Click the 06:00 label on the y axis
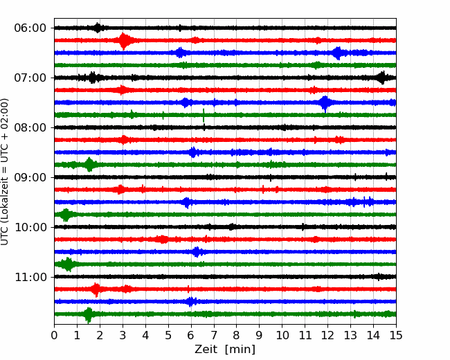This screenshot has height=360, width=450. point(30,28)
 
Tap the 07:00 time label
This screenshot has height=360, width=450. point(30,78)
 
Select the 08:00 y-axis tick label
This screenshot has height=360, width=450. point(30,127)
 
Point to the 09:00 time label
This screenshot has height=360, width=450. point(30,177)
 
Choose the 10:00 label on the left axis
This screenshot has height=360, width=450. point(30,227)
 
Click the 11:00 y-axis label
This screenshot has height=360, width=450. point(30,277)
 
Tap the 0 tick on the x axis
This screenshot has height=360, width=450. point(54,335)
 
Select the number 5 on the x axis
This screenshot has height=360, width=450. point(168,335)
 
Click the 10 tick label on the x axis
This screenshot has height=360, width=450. point(282,335)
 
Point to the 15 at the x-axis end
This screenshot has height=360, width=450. point(396,335)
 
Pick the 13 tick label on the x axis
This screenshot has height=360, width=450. point(350,335)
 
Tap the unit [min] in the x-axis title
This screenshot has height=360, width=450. point(240,350)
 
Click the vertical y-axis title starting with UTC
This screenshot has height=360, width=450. point(5,172)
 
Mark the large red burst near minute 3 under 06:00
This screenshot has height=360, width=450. point(123,41)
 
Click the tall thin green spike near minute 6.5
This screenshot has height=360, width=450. point(204,116)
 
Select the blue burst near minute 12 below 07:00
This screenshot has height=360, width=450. point(325,103)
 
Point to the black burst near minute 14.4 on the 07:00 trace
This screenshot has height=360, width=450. point(382,78)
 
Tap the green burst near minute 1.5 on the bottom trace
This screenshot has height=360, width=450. point(89,314)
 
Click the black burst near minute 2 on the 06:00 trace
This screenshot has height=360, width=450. point(98,28)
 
